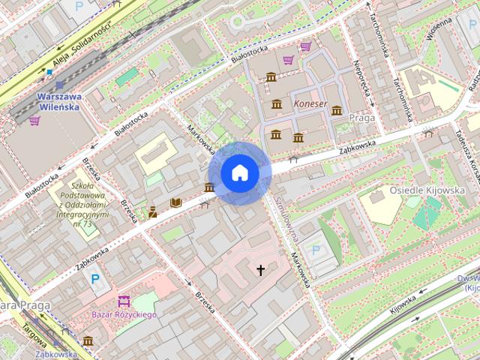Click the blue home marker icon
click(238, 173)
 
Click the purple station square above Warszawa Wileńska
click(60, 85)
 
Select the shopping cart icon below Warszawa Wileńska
click(34, 119)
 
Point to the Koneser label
click(311, 103)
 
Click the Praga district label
click(361, 118)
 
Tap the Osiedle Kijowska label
click(427, 190)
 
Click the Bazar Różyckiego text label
click(124, 314)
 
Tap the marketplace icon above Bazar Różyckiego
click(124, 301)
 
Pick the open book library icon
click(175, 202)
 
